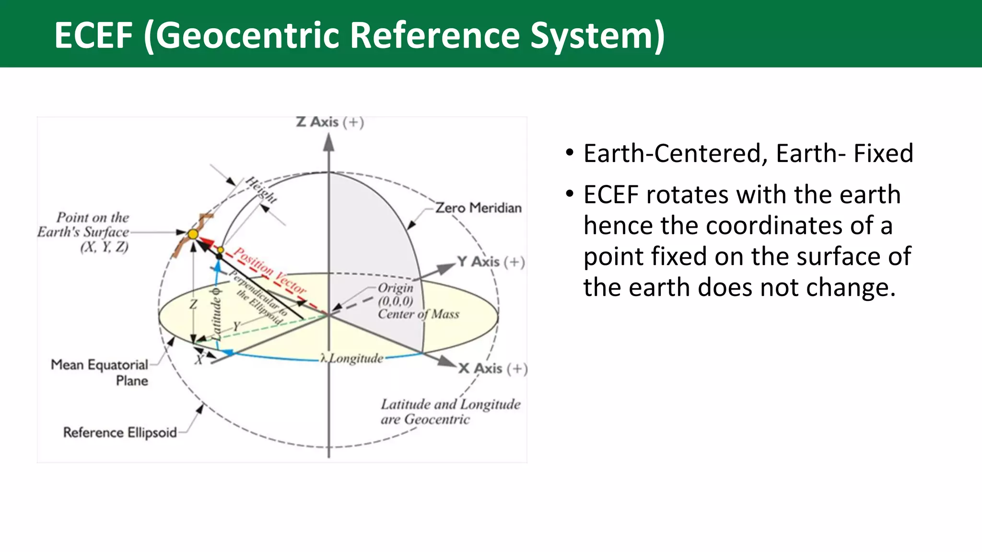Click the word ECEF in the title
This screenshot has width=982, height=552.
(x=93, y=35)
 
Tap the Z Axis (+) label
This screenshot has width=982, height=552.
(x=330, y=123)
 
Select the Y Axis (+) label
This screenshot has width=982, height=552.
(x=491, y=262)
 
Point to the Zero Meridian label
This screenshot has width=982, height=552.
(x=478, y=208)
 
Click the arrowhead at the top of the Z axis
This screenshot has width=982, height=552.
(x=328, y=142)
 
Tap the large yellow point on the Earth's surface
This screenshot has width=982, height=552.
(x=193, y=234)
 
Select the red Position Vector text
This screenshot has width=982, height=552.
(x=269, y=271)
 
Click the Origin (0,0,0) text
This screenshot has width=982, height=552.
(x=395, y=294)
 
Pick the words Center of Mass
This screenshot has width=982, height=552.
(x=418, y=314)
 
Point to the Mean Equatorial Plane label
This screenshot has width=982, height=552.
(x=100, y=372)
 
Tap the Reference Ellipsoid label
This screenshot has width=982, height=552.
(x=120, y=433)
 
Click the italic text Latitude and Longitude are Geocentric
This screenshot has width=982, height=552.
(x=450, y=412)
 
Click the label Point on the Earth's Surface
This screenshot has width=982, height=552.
(x=84, y=232)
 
